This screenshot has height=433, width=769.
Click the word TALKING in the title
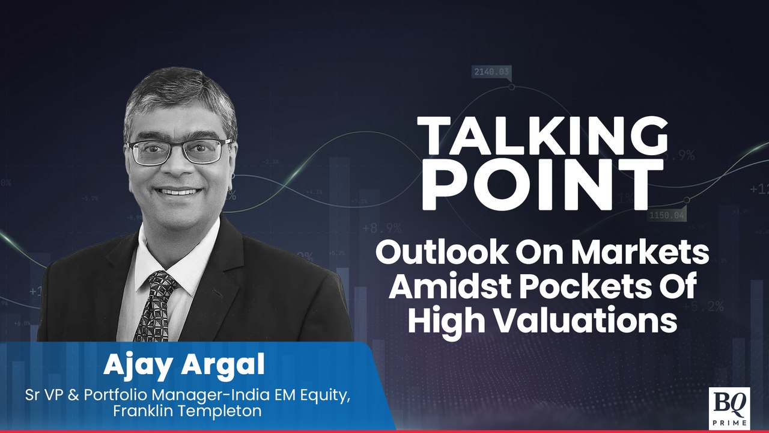click(x=542, y=137)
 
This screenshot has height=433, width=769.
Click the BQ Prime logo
click(x=729, y=408)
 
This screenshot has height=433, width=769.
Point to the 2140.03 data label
click(x=491, y=72)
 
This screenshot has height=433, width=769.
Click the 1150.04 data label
click(x=666, y=215)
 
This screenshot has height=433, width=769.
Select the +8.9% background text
click(x=381, y=229)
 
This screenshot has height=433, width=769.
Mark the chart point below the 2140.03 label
click(x=512, y=87)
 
